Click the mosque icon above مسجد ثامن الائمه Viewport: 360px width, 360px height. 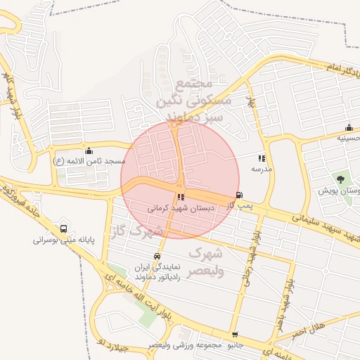pos(89,150)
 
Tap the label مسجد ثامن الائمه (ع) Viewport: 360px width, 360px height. pos(89,161)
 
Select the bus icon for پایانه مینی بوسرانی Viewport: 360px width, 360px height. pos(65,229)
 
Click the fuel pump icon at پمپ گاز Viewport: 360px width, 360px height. pos(240,195)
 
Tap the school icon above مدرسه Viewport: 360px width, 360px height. pos(262,160)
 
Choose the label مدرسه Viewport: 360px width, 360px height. pos(262,169)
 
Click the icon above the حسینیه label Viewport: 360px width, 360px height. pos(349,127)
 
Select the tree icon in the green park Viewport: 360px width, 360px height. pos(341,179)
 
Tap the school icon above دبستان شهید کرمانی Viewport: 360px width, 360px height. pos(181,198)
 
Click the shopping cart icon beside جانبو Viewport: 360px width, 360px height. pos(234,335)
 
